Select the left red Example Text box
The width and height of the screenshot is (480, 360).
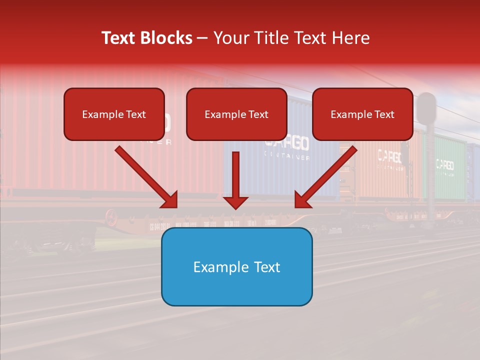(x=114, y=114)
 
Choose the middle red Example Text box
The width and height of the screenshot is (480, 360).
(x=236, y=114)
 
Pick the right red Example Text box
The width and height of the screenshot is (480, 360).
(x=362, y=114)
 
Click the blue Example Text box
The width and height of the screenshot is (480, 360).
(x=236, y=266)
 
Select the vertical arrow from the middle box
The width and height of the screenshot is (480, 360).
(x=235, y=175)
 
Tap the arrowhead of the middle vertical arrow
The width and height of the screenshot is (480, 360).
(x=235, y=202)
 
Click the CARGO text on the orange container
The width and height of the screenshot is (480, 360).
(x=389, y=156)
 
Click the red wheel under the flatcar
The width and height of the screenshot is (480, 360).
(x=110, y=217)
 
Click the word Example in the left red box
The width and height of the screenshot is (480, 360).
(x=97, y=114)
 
